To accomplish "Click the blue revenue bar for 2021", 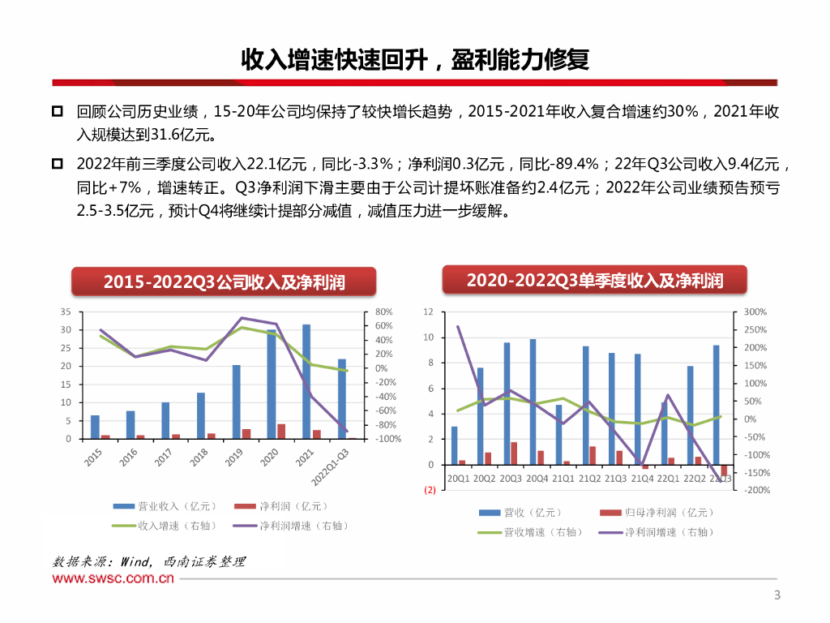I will (x=306, y=381).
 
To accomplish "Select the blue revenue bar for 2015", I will (x=95, y=427).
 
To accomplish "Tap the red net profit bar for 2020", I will (x=281, y=431).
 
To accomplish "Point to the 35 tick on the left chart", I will (x=66, y=311).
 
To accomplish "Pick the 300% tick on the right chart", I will (x=755, y=311).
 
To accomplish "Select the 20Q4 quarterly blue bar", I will (x=533, y=402).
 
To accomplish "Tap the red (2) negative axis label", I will (x=429, y=490).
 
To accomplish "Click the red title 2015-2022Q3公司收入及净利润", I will (x=224, y=281).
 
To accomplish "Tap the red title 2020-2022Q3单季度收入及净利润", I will (x=594, y=280).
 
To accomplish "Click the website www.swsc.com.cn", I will (x=113, y=578).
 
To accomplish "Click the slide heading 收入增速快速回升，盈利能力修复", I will (x=414, y=60).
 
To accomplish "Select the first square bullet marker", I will (x=58, y=111).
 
